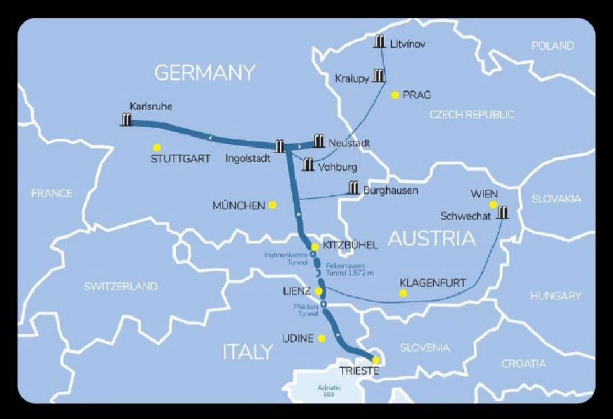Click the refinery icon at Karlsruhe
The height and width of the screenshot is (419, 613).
(x=126, y=119)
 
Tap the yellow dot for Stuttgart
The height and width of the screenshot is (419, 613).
(x=157, y=148)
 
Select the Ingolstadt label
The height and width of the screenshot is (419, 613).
(x=249, y=158)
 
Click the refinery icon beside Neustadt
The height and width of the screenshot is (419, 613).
(x=319, y=141)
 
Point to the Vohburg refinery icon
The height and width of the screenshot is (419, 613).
(x=309, y=164)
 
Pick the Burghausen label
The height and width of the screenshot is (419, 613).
(x=391, y=190)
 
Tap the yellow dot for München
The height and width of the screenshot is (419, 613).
(x=272, y=205)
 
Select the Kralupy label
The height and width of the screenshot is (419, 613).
(x=352, y=78)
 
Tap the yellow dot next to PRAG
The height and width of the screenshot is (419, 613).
(x=395, y=95)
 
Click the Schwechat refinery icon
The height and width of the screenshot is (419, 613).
(x=503, y=212)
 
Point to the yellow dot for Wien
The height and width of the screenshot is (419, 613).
(x=492, y=205)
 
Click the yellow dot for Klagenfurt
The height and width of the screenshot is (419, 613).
(x=403, y=293)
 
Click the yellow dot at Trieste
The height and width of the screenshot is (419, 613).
(x=376, y=359)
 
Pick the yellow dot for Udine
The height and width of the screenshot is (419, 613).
(x=322, y=338)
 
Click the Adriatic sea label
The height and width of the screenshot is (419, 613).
(x=329, y=391)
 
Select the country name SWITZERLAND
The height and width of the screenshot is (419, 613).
(x=121, y=287)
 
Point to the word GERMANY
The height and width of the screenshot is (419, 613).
(x=205, y=73)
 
